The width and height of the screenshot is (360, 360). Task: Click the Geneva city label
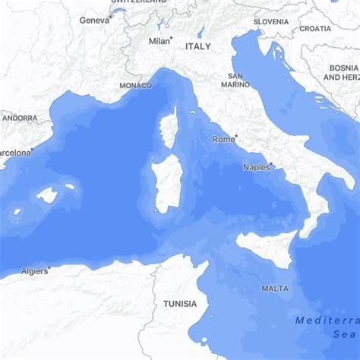point(94,20)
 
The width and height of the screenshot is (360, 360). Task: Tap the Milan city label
point(159,41)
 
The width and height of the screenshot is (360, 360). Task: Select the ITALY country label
point(197,46)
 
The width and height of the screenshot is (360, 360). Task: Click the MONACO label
point(135,86)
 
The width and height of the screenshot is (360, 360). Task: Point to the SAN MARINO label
point(235,80)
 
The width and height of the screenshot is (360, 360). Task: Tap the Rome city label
point(223,140)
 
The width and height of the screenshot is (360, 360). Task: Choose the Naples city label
point(256,167)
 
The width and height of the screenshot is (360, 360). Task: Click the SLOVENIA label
point(271,22)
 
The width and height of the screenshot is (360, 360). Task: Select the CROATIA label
point(315,28)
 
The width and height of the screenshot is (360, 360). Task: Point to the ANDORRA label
point(19,118)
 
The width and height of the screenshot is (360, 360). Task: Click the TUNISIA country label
point(179,304)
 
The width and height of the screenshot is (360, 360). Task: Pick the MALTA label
point(274,289)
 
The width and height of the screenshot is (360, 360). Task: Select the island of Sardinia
point(166,185)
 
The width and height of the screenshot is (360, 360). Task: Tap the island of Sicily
point(266,246)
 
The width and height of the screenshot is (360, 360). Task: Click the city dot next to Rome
point(238,137)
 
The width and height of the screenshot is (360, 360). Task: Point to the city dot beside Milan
point(173,38)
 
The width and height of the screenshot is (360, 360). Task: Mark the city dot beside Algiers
point(49,267)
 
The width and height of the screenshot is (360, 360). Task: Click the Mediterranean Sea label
point(327,327)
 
